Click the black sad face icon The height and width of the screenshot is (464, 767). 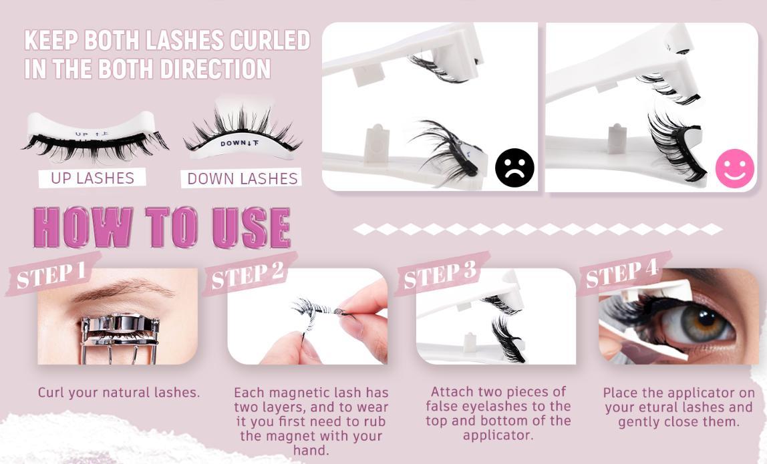[x=514, y=168]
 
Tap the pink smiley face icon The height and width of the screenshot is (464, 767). [x=734, y=168]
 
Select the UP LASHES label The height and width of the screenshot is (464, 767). [x=92, y=178]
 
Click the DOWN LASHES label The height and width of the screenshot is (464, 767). [x=242, y=178]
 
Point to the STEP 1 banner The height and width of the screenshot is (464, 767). [x=51, y=274]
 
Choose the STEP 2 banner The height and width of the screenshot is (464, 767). [x=248, y=274]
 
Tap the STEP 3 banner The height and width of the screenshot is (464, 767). [x=441, y=274]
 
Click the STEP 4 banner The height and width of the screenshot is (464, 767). [x=623, y=274]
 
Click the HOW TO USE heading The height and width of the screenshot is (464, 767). [x=162, y=228]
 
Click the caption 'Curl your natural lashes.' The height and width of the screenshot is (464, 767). [x=119, y=393]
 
